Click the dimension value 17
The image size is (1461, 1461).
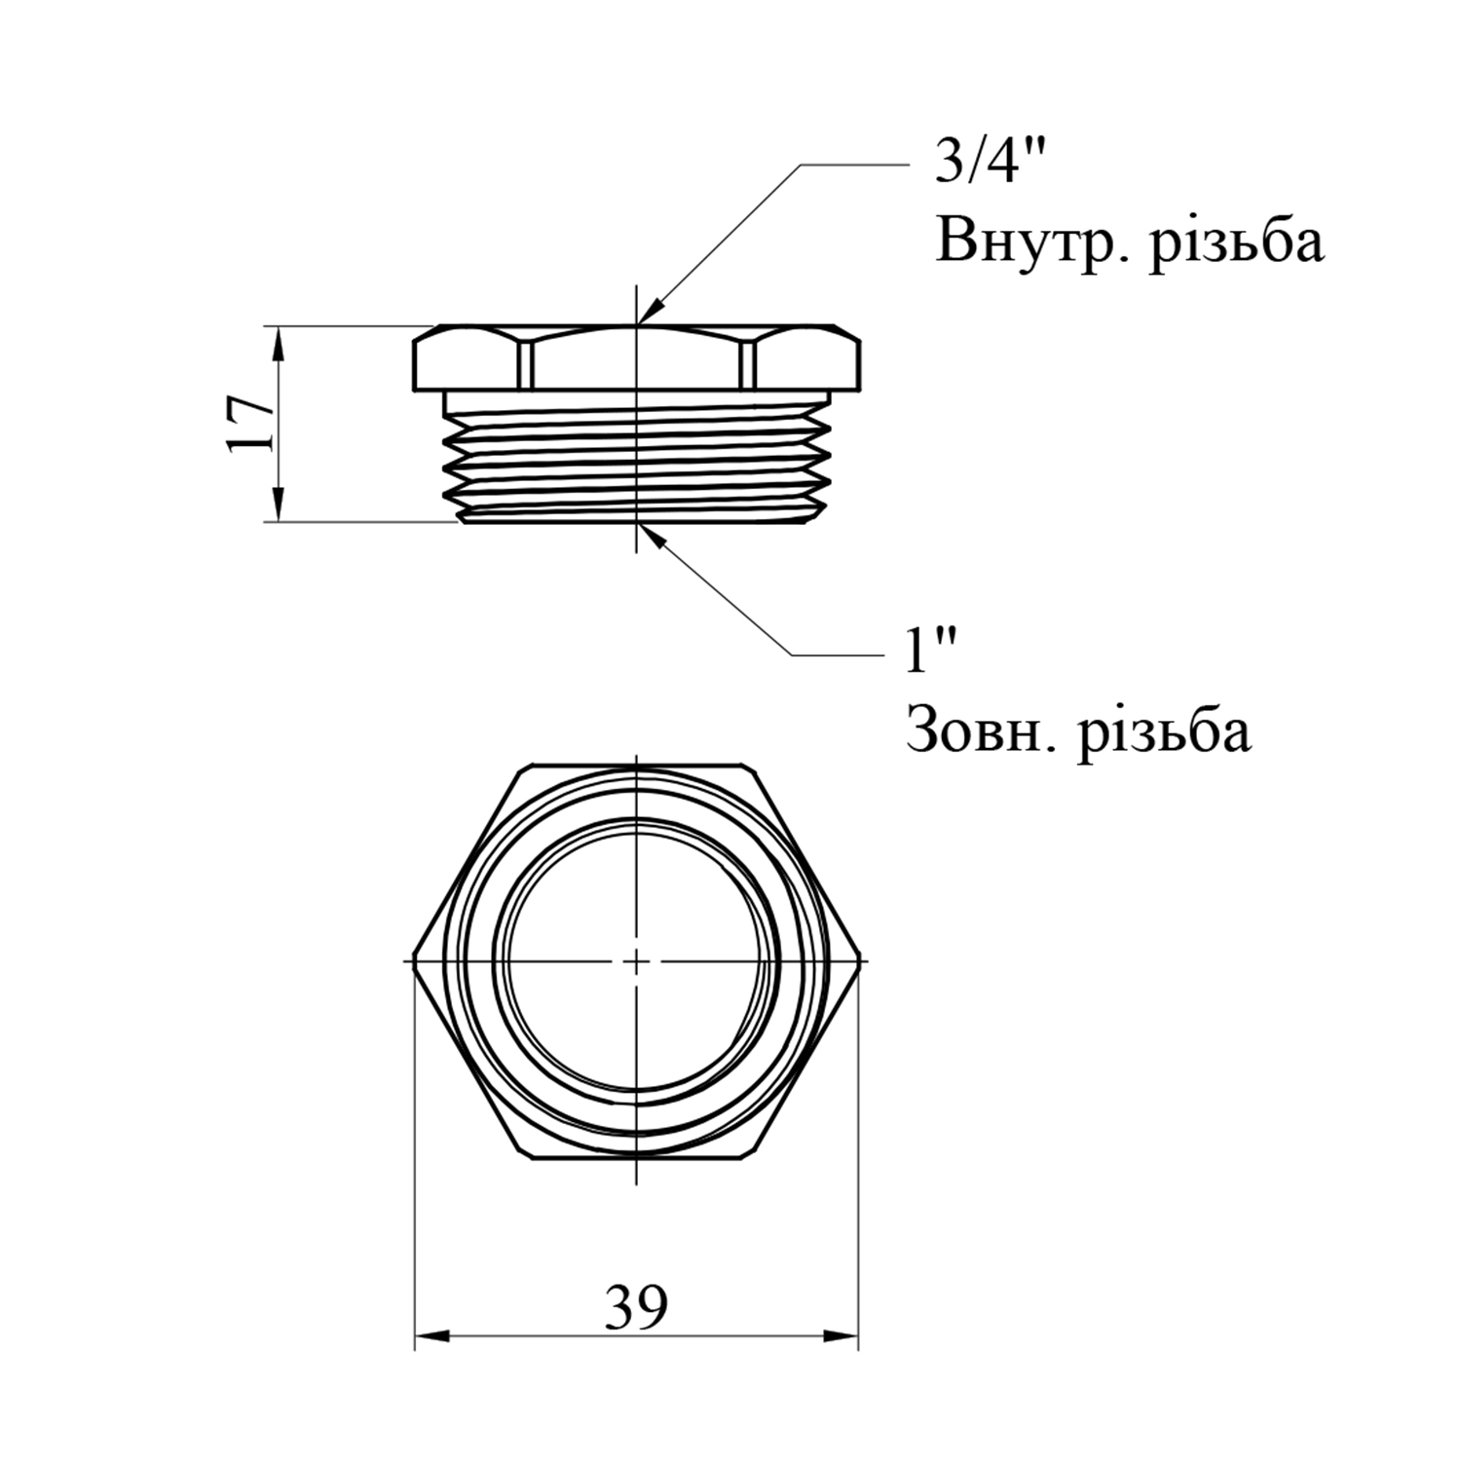tap(249, 423)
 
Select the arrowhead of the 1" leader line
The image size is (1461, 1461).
tap(652, 538)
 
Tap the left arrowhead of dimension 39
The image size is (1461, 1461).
tap(432, 1336)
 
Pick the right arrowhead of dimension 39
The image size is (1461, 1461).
tap(841, 1336)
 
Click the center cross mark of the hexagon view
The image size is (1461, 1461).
tap(636, 961)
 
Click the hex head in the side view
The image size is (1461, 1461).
tap(637, 358)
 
